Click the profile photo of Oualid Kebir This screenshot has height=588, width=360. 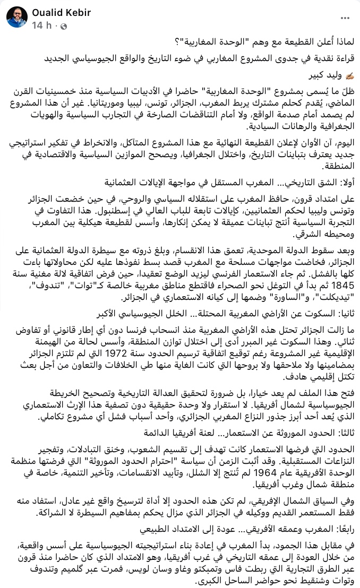[x=17, y=18]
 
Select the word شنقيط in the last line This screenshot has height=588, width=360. [x=294, y=577]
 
